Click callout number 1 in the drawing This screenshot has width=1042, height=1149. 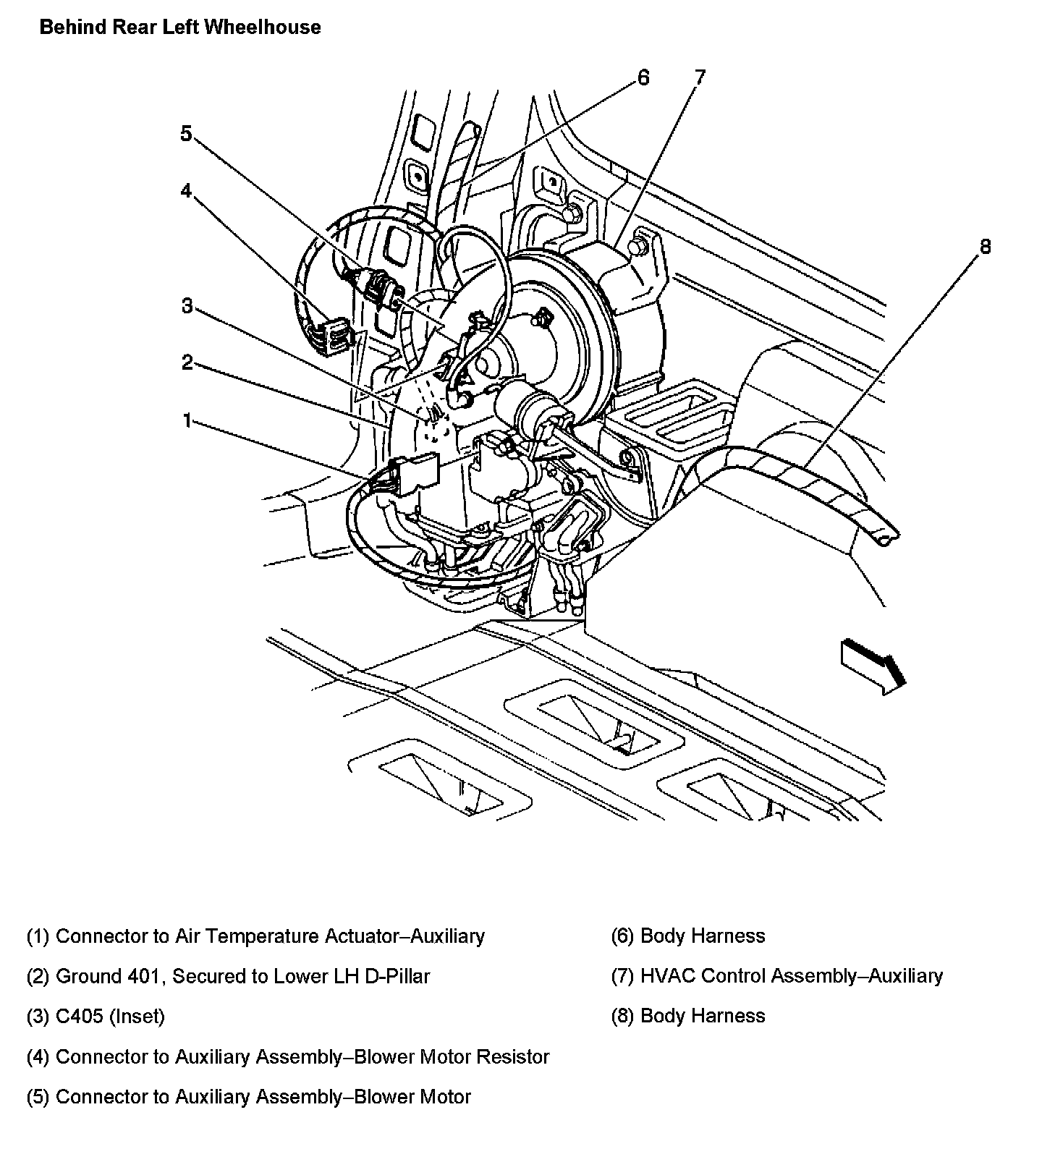pos(187,420)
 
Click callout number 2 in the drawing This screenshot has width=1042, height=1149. pos(187,362)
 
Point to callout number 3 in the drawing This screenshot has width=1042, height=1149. pos(187,306)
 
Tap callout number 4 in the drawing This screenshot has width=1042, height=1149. pos(187,191)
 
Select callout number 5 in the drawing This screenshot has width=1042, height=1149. pos(187,134)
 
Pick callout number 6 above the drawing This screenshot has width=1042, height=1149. pos(643,77)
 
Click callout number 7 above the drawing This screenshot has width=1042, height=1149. pos(699,77)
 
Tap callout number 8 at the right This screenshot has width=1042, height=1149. pos(985,247)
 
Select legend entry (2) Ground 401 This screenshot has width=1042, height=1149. pos(228,977)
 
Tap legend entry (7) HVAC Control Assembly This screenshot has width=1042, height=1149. pos(776,977)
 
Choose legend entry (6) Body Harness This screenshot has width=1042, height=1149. pos(687,936)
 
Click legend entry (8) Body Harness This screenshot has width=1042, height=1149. pos(687,1016)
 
